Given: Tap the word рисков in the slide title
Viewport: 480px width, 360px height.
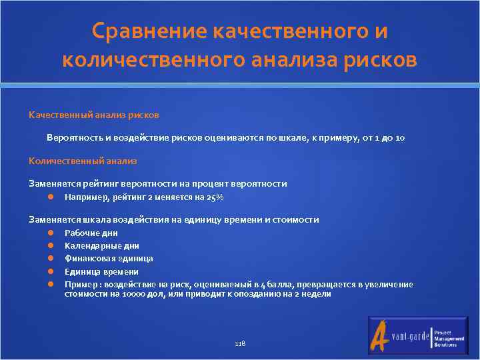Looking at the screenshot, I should (376, 60).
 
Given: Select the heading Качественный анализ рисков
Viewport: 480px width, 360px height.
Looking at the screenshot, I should (93, 115).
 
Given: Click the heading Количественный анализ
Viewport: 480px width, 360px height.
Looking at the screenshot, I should (82, 161).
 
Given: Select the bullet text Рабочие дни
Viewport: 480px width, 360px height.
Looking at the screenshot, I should (91, 233).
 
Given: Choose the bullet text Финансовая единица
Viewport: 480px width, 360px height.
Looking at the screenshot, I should (109, 259).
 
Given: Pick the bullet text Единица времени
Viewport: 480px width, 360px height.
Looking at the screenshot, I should (101, 271).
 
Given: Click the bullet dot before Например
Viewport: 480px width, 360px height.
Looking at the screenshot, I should (51, 197).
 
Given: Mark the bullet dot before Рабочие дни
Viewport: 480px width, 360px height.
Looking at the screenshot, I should (51, 233).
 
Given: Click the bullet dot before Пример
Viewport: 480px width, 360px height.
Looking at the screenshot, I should (51, 285).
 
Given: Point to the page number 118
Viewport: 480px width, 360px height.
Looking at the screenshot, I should (240, 343).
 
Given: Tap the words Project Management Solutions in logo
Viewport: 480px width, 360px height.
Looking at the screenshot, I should (445, 338).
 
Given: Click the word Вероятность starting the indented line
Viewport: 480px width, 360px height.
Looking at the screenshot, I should (70, 138).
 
